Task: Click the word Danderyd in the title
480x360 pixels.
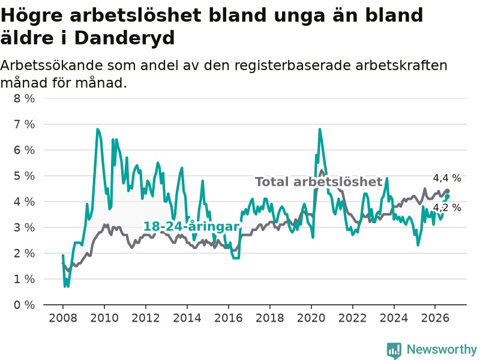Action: click(124, 38)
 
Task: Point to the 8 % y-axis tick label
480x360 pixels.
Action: click(24, 98)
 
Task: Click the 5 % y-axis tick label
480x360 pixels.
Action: click(24, 176)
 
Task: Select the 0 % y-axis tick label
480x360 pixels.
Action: click(24, 305)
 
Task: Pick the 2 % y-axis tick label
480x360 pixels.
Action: click(24, 253)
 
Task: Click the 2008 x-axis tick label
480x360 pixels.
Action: click(63, 318)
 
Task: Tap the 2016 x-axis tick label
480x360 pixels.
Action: click(229, 318)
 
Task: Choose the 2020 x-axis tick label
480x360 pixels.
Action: click(311, 318)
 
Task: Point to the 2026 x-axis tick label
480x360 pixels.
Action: click(435, 318)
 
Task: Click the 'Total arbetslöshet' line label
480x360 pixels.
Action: click(319, 182)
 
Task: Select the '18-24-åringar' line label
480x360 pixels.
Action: click(191, 227)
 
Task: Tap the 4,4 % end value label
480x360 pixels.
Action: click(447, 178)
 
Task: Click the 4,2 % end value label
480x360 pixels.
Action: click(447, 208)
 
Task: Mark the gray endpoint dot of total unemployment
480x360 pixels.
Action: click(447, 191)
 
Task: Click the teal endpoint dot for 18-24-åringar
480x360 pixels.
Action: click(447, 197)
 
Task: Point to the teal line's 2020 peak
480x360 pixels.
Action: click(320, 130)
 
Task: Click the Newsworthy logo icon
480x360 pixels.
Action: click(394, 350)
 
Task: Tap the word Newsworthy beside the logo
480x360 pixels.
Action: click(442, 349)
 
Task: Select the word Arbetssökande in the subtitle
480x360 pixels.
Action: click(52, 65)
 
